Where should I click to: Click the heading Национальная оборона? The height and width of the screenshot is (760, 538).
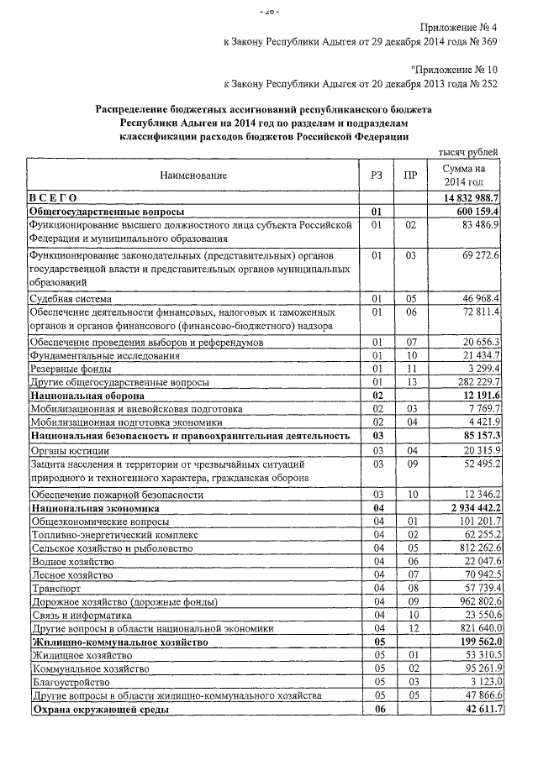(87, 395)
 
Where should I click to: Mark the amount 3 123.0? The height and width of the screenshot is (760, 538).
(484, 683)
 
